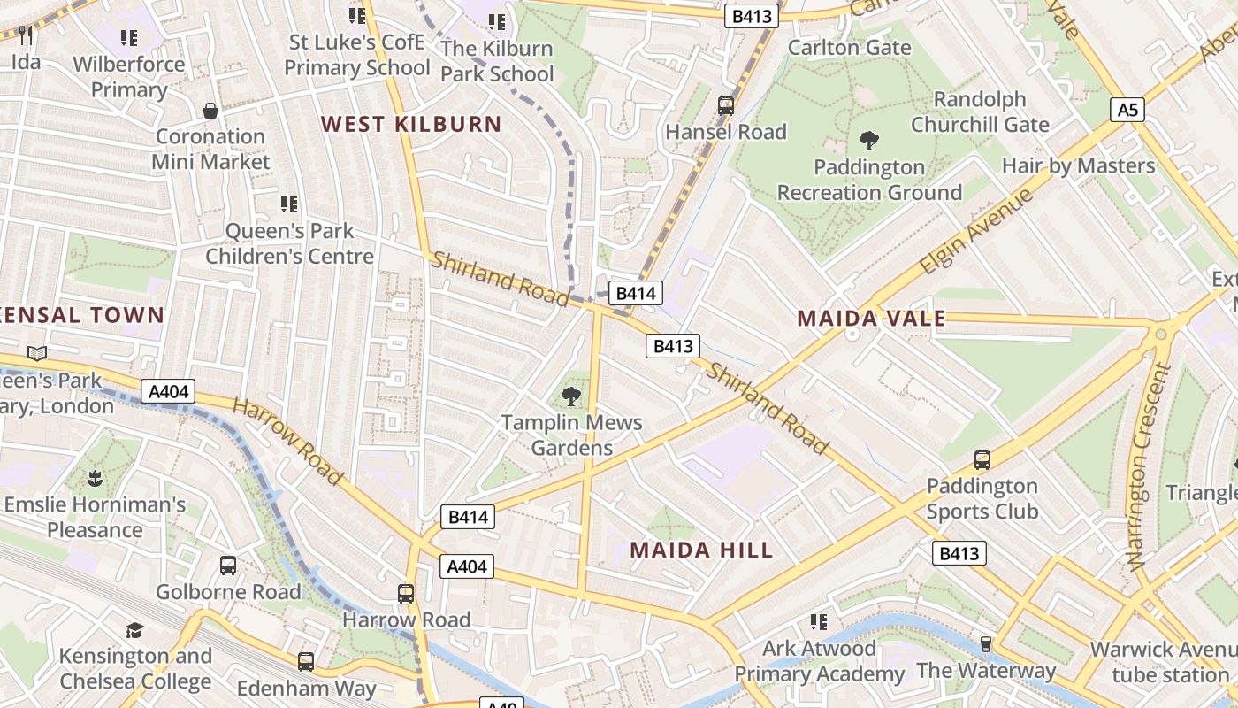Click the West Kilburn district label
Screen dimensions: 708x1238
pos(411,124)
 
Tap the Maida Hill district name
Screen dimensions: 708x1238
pos(701,550)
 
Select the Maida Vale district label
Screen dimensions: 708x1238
pos(871,319)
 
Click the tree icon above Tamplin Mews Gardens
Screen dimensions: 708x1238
pos(572,396)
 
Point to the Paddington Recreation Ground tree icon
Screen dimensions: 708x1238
pos(869,140)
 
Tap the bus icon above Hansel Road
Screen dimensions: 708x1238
pos(726,106)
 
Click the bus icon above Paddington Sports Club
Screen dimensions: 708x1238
pos(982,459)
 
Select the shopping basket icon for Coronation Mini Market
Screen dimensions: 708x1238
pos(210,111)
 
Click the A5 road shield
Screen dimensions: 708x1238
pos(1127,110)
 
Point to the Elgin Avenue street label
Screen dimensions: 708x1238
pos(976,231)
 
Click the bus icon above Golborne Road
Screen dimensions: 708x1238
pos(228,565)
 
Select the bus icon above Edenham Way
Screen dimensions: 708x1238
pos(306,661)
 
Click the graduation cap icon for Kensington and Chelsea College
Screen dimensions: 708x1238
pos(134,630)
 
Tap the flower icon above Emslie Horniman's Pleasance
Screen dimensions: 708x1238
pos(95,479)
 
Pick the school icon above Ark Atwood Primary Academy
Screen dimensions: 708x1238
pos(820,622)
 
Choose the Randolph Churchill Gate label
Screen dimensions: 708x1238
pos(980,112)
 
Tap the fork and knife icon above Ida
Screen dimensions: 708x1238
pos(26,35)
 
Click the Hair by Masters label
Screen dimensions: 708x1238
pos(1078,165)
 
